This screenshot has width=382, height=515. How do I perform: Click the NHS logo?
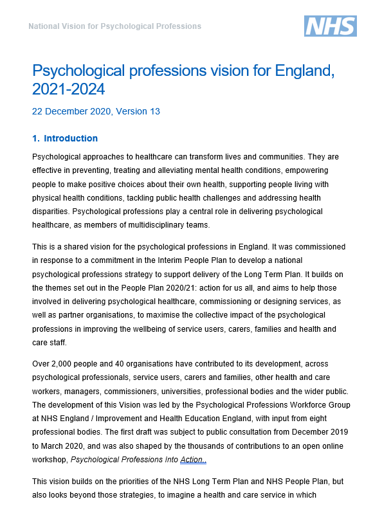[x=330, y=26]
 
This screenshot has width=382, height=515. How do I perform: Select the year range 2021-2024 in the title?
[x=68, y=88]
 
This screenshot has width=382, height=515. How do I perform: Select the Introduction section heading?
[x=70, y=138]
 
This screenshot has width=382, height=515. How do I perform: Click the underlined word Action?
[x=193, y=460]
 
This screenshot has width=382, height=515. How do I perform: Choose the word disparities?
[x=51, y=212]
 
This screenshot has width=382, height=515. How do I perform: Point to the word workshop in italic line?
[x=50, y=460]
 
